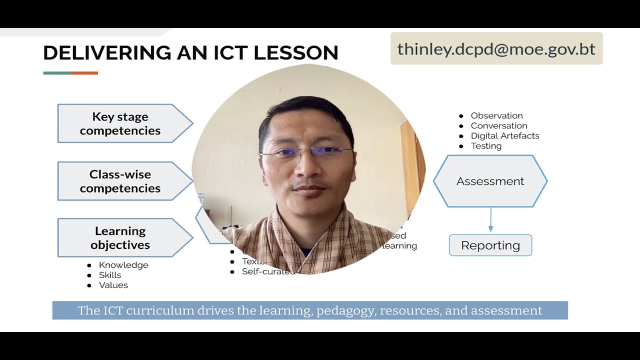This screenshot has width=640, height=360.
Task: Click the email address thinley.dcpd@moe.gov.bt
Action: pyautogui.click(x=496, y=49)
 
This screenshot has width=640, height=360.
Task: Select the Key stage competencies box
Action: pyautogui.click(x=120, y=123)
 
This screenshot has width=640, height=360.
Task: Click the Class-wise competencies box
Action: pyautogui.click(x=120, y=181)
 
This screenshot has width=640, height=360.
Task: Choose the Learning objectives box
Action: pyautogui.click(x=120, y=238)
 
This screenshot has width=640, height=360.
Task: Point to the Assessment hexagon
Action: pyautogui.click(x=490, y=181)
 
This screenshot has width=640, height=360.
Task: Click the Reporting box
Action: pyautogui.click(x=490, y=245)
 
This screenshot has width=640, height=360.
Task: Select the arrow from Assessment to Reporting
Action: pyautogui.click(x=490, y=220)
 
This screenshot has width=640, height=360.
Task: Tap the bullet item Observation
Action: pyautogui.click(x=496, y=115)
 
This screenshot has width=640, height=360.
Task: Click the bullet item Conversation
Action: pyautogui.click(x=498, y=125)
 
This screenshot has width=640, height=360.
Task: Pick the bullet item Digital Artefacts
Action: pyautogui.click(x=504, y=135)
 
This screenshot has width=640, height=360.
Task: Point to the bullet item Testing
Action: pyautogui.click(x=486, y=146)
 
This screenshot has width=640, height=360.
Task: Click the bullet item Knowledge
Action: pyautogui.click(x=123, y=265)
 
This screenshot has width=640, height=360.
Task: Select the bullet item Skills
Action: pyautogui.click(x=110, y=275)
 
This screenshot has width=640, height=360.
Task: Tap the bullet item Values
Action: pyautogui.click(x=113, y=285)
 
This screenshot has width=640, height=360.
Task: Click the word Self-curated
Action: pyautogui.click(x=268, y=271)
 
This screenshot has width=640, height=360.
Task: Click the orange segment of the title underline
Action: pyautogui.click(x=84, y=73)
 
